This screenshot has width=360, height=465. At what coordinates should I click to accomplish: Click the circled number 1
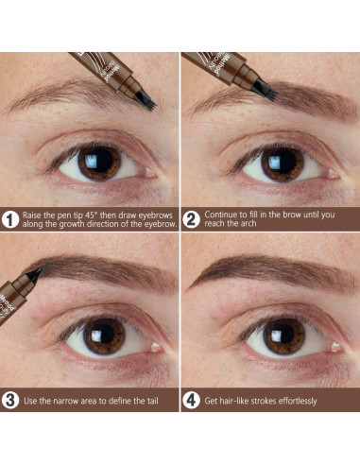(11, 220)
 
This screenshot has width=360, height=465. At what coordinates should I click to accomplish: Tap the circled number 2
(192, 220)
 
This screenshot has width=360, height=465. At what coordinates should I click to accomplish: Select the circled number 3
(11, 400)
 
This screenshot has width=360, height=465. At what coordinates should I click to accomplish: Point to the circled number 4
(192, 400)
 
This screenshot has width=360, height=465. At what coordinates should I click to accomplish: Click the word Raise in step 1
(35, 215)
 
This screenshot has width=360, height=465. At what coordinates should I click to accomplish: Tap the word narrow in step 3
(75, 401)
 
